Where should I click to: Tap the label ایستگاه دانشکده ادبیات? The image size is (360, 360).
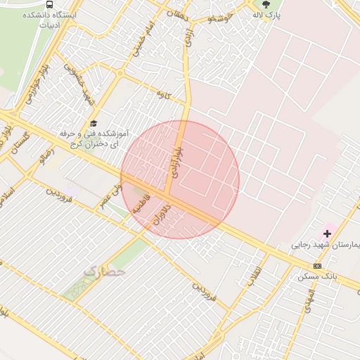(x=49, y=19)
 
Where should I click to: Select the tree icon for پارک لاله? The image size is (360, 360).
(x=265, y=4)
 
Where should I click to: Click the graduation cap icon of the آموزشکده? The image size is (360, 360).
(x=94, y=123)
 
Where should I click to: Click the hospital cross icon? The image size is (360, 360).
(x=327, y=233)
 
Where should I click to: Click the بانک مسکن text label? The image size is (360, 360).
(x=318, y=276)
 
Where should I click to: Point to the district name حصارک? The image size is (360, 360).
(x=104, y=270)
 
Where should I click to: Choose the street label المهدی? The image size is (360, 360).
(x=308, y=302)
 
